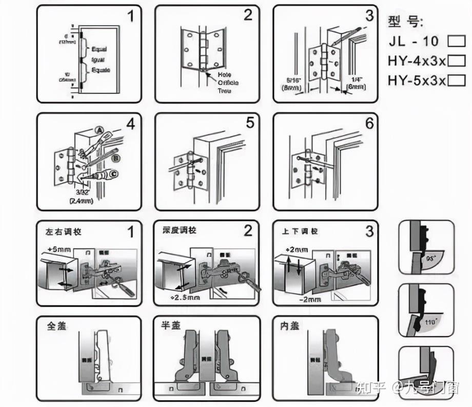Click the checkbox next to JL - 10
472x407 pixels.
(x=456, y=40)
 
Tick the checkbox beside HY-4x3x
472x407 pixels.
(x=456, y=60)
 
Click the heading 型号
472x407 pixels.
(x=405, y=22)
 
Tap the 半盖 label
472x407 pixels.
(x=173, y=326)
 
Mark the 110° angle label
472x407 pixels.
(x=429, y=323)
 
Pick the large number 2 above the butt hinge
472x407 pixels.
(x=248, y=15)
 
